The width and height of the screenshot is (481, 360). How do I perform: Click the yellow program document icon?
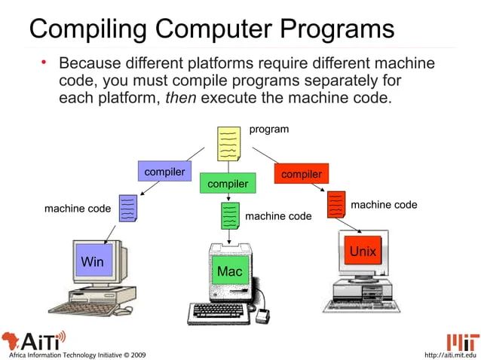click(228, 144)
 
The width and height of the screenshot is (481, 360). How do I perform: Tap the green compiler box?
click(228, 184)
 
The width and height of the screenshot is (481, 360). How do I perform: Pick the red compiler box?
click(301, 175)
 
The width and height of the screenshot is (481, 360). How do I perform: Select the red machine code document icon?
click(336, 203)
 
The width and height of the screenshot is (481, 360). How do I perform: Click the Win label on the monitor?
click(92, 261)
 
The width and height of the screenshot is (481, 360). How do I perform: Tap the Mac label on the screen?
click(228, 270)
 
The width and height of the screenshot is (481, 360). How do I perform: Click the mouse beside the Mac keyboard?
click(262, 316)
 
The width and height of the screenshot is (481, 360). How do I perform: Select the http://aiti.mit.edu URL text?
click(451, 354)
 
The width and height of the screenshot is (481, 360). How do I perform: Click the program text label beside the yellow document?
click(268, 130)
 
